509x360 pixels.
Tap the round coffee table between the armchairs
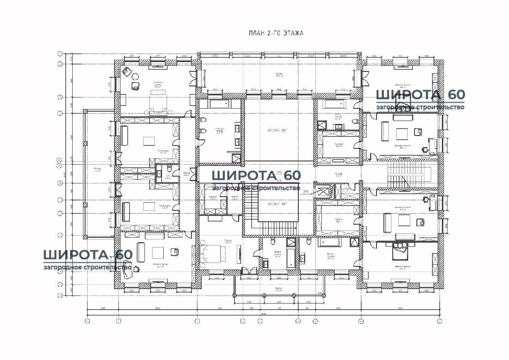click(x=135, y=77)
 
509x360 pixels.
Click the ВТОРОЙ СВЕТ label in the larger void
click(x=278, y=129)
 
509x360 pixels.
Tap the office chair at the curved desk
click(x=135, y=269)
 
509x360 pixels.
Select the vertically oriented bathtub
click(x=291, y=258)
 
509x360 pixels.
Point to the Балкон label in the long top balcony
click(x=278, y=75)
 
